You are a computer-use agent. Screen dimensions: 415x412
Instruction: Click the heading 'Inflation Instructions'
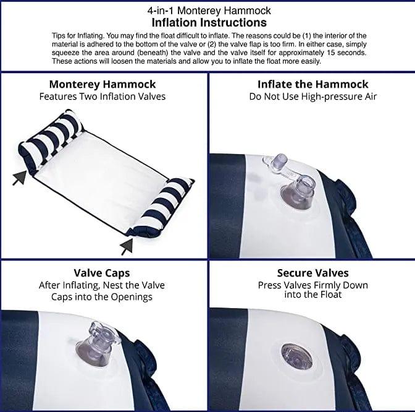pos(209,22)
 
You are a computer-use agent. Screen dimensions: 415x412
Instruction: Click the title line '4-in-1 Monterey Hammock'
pos(209,11)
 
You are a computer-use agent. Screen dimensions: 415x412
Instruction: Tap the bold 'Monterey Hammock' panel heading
pos(103,85)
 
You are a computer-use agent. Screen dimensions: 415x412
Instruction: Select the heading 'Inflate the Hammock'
pos(313,84)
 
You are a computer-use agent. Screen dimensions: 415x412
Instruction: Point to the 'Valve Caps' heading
pos(102,273)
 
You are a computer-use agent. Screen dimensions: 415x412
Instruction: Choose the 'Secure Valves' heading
pos(313,273)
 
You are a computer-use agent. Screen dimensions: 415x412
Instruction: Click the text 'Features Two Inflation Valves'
pos(103,97)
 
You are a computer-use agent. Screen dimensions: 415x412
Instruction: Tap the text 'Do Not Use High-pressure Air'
pos(313,97)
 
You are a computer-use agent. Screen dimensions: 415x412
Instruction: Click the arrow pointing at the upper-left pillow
pos(20,178)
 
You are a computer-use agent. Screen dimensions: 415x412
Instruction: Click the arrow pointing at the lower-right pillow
pos(127,247)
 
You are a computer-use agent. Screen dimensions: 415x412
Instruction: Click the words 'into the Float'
pos(313,294)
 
